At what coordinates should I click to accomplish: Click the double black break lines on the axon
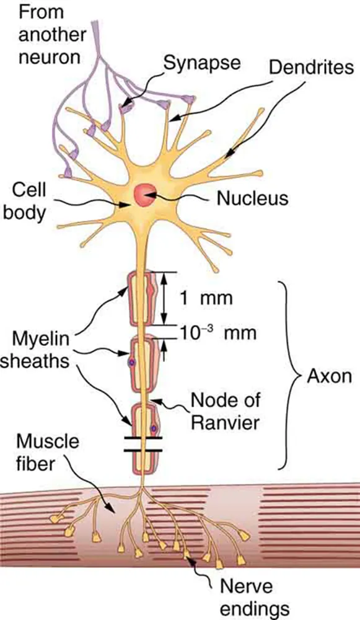143,444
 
